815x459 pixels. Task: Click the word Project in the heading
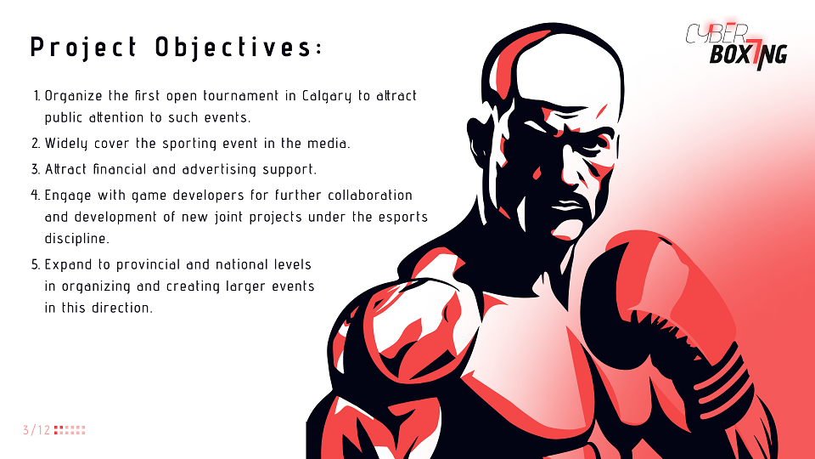(x=84, y=48)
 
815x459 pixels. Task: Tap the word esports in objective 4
(x=402, y=218)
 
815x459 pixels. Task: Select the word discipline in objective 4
(x=77, y=239)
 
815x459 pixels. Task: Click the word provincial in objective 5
(x=148, y=265)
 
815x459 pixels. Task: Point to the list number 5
(x=36, y=265)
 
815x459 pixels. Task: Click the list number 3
(x=36, y=170)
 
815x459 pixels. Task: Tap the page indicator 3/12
(x=37, y=430)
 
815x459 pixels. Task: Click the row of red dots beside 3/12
(x=70, y=430)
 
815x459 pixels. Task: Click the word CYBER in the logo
(x=717, y=33)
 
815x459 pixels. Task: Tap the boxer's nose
(x=573, y=172)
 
